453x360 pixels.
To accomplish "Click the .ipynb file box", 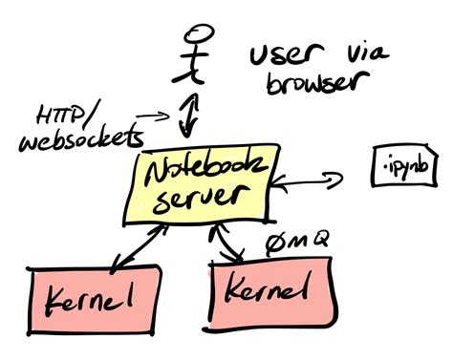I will tap(407, 170).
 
